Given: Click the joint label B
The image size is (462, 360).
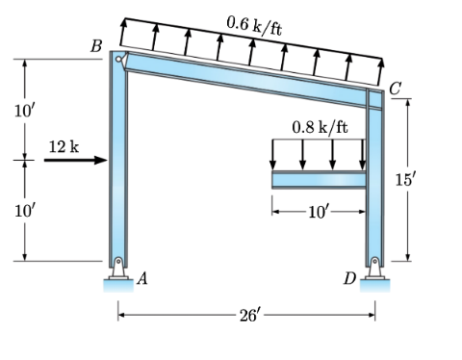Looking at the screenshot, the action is [x=96, y=46].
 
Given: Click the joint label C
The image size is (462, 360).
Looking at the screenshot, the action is [x=396, y=89].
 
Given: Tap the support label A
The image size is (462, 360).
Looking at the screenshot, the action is [x=142, y=278].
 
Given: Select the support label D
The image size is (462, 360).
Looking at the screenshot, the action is [x=349, y=278].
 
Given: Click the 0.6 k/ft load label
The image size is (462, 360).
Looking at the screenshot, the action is [x=254, y=26].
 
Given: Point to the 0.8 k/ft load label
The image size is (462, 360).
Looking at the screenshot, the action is [x=320, y=127].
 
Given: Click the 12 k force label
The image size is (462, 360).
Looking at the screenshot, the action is [x=64, y=147].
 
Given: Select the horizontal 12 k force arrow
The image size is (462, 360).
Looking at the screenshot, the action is [x=76, y=160].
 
